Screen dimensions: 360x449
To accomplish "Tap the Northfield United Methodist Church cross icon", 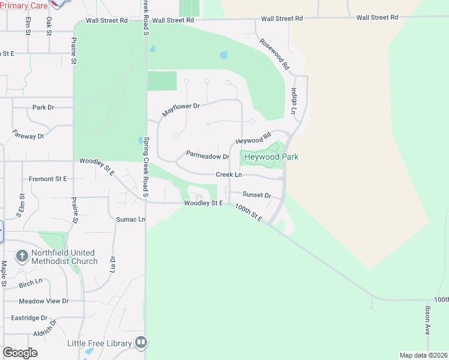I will click(22, 257).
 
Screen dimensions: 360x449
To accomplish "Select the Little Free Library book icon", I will click(141, 343).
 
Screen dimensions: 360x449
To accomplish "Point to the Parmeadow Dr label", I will click(208, 156).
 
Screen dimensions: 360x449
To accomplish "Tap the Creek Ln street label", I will click(229, 175).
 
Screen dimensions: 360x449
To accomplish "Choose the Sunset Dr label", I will click(257, 195).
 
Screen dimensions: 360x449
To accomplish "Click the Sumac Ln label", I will click(131, 220).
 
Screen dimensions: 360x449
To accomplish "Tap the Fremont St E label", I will click(48, 179).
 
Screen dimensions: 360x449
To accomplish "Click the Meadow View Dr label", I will click(44, 301).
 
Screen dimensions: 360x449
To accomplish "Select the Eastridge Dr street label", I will click(29, 318).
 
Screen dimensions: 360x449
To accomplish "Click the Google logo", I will click(20, 353).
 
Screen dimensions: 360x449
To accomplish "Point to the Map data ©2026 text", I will click(423, 355).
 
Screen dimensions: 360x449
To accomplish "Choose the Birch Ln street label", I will click(31, 281).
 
